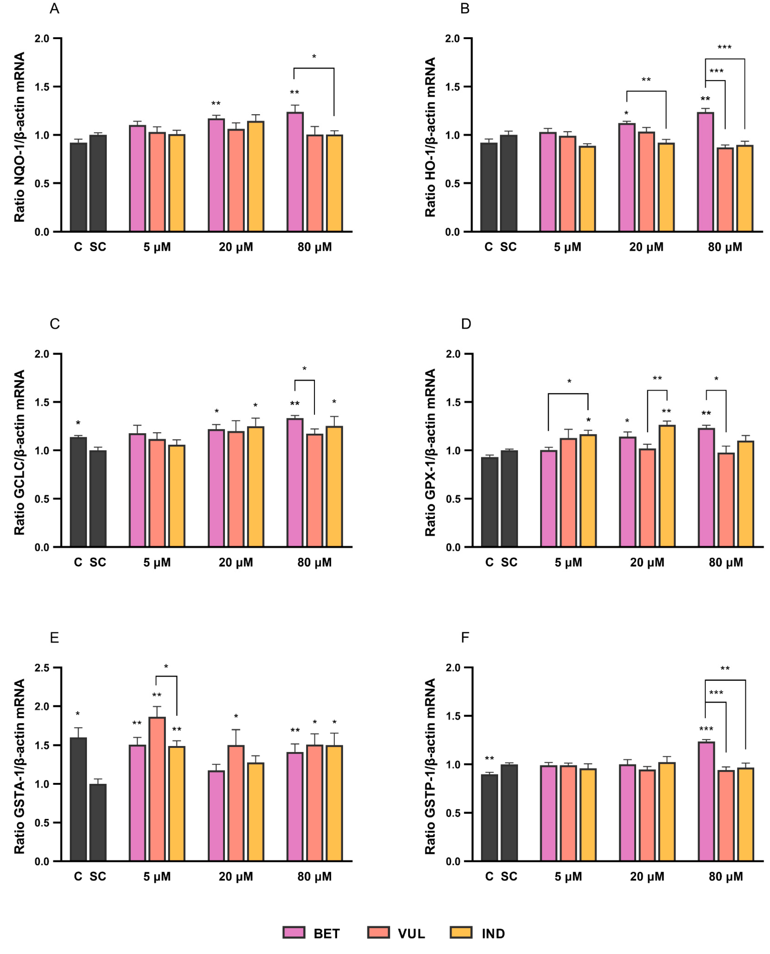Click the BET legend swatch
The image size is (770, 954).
point(294,932)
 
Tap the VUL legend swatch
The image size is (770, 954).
point(378,932)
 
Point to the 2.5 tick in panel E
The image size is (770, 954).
point(42,668)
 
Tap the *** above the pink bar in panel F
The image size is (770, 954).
point(706,729)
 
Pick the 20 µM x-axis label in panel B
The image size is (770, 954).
point(646,247)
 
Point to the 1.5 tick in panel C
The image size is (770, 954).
point(42,402)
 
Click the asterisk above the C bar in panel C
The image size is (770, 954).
point(78,423)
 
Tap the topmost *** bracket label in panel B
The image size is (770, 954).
point(724,47)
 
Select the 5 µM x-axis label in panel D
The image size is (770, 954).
point(568,562)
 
